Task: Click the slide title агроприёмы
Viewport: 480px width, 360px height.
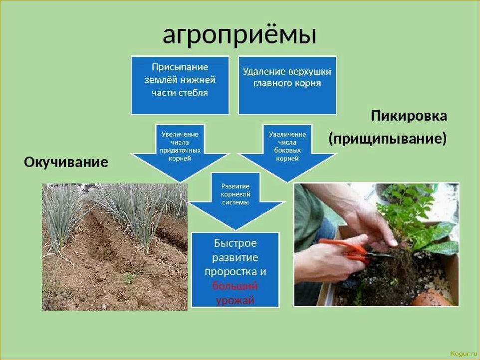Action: [x=240, y=34]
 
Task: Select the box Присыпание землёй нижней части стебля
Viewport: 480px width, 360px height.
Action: [x=180, y=85]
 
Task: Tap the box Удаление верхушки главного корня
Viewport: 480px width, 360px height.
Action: [x=287, y=85]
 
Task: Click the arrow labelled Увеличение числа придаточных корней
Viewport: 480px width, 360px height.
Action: [x=180, y=153]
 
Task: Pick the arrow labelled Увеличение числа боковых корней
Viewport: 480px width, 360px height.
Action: [x=287, y=153]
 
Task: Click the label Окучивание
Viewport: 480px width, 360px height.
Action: [x=66, y=162]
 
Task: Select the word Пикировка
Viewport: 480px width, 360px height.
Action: [x=409, y=116]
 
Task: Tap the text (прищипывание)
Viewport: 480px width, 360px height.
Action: [x=388, y=139]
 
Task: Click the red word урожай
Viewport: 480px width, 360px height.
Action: [x=235, y=300]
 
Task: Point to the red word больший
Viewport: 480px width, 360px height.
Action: [x=235, y=286]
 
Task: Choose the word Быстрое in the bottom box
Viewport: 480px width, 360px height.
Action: [x=235, y=243]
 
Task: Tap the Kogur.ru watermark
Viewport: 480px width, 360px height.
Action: [x=464, y=354]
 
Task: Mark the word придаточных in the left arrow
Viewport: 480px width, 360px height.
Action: [x=180, y=150]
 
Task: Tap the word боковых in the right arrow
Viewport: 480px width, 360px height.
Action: [x=287, y=150]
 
